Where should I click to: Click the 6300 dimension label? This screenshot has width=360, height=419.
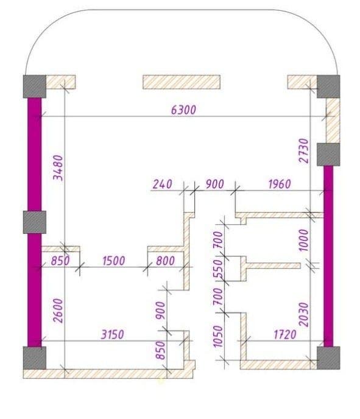(x=183, y=110)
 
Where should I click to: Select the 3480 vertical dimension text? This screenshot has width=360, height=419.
(x=58, y=168)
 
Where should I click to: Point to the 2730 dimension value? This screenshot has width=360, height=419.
(x=303, y=150)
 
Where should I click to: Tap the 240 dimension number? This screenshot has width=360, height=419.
(x=162, y=184)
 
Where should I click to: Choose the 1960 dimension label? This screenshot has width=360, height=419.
(x=279, y=184)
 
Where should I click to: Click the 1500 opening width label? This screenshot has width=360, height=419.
(x=114, y=261)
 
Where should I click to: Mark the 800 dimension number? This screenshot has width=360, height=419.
(x=165, y=261)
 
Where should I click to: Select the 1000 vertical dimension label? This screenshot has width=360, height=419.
(x=303, y=240)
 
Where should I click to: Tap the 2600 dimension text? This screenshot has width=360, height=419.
(x=58, y=311)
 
